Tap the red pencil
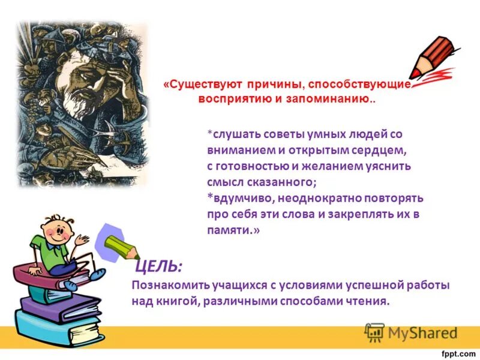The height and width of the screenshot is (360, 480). [x=431, y=61]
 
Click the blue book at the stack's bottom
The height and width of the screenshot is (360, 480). [x=57, y=332]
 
